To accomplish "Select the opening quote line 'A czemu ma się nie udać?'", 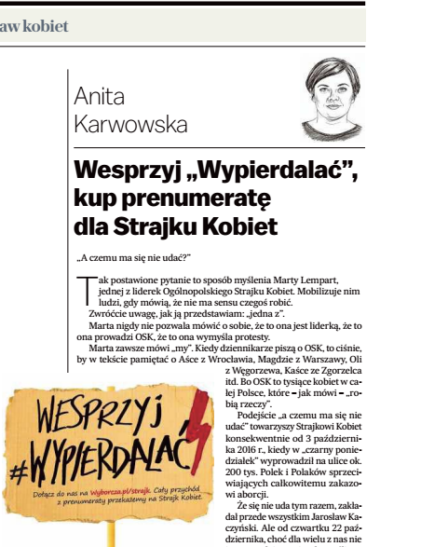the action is pyautogui.click(x=134, y=257).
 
